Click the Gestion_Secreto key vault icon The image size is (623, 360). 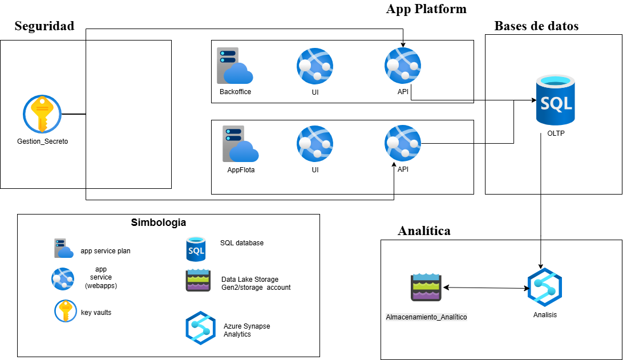tap(42, 114)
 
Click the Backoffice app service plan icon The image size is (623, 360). tap(234, 66)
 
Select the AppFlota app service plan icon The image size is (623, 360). tap(240, 144)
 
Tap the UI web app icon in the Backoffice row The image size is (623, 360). tap(314, 66)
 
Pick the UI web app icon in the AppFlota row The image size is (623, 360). tap(314, 144)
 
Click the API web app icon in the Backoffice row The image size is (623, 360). tap(403, 66)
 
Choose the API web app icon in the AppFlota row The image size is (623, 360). tap(403, 144)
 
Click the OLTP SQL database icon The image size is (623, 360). tap(556, 100)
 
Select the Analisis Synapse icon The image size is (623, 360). tap(544, 288)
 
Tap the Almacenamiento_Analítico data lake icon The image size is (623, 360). tap(427, 288)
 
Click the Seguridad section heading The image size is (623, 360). tap(44, 26)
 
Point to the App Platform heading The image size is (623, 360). tap(426, 9)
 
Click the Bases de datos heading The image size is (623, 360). tap(536, 26)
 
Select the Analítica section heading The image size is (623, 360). tap(424, 230)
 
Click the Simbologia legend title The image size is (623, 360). tap(159, 223)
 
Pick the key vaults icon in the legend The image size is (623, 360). tap(65, 312)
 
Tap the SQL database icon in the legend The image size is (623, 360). tap(196, 249)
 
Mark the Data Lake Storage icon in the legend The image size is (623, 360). tap(198, 281)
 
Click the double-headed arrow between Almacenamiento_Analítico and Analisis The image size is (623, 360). tap(486, 288)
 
